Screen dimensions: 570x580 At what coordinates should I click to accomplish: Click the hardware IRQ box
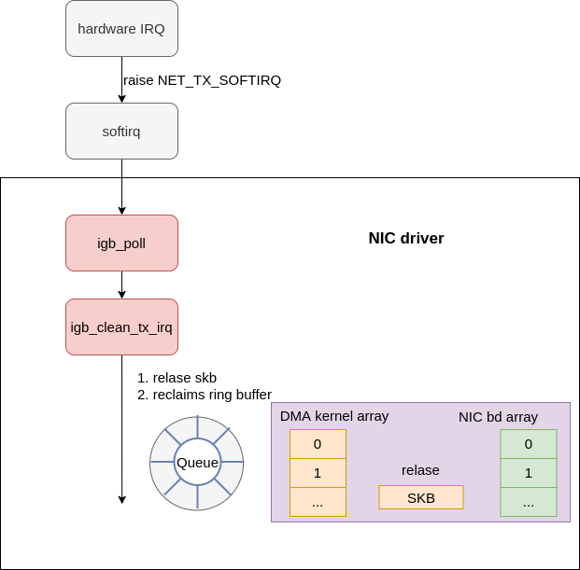pyautogui.click(x=121, y=28)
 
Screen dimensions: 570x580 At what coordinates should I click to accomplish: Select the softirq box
pyautogui.click(x=121, y=131)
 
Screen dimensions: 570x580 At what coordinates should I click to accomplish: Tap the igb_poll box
pyautogui.click(x=121, y=243)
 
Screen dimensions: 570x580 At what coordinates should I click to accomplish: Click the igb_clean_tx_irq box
pyautogui.click(x=121, y=327)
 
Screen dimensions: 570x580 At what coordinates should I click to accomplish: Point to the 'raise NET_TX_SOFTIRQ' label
pyautogui.click(x=202, y=80)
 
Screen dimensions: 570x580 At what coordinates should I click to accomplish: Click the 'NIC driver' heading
pyautogui.click(x=405, y=238)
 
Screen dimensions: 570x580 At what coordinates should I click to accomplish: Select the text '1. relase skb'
pyautogui.click(x=177, y=378)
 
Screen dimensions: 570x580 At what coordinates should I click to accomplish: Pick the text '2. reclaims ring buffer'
pyautogui.click(x=204, y=394)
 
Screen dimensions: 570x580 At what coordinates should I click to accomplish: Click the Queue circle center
pyautogui.click(x=197, y=463)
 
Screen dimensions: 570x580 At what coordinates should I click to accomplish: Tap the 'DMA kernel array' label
pyautogui.click(x=334, y=416)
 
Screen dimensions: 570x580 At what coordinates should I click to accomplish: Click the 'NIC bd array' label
pyautogui.click(x=498, y=416)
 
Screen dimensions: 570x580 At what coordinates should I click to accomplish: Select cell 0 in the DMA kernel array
pyautogui.click(x=318, y=444)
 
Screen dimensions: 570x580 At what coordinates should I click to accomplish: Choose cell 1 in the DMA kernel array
pyautogui.click(x=318, y=473)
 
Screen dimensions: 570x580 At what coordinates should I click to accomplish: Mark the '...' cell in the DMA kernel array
pyautogui.click(x=318, y=502)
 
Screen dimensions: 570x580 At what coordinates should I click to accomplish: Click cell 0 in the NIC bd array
pyautogui.click(x=529, y=444)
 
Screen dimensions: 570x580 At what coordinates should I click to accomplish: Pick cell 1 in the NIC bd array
pyautogui.click(x=529, y=473)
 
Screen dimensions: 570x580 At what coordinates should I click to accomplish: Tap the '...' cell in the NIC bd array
pyautogui.click(x=529, y=502)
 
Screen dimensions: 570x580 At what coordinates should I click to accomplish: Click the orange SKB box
pyautogui.click(x=420, y=497)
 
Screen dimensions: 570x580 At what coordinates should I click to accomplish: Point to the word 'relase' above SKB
pyautogui.click(x=420, y=470)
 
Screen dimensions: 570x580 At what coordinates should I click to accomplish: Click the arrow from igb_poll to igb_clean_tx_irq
pyautogui.click(x=121, y=285)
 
